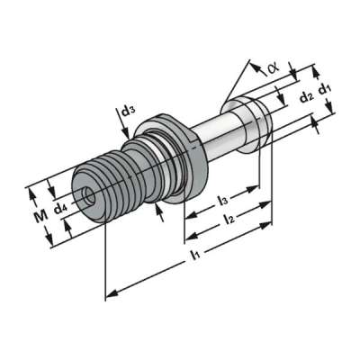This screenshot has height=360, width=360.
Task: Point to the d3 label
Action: (129, 112)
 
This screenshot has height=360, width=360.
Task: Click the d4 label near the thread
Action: (59, 210)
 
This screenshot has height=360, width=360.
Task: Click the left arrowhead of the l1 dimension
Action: (110, 293)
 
